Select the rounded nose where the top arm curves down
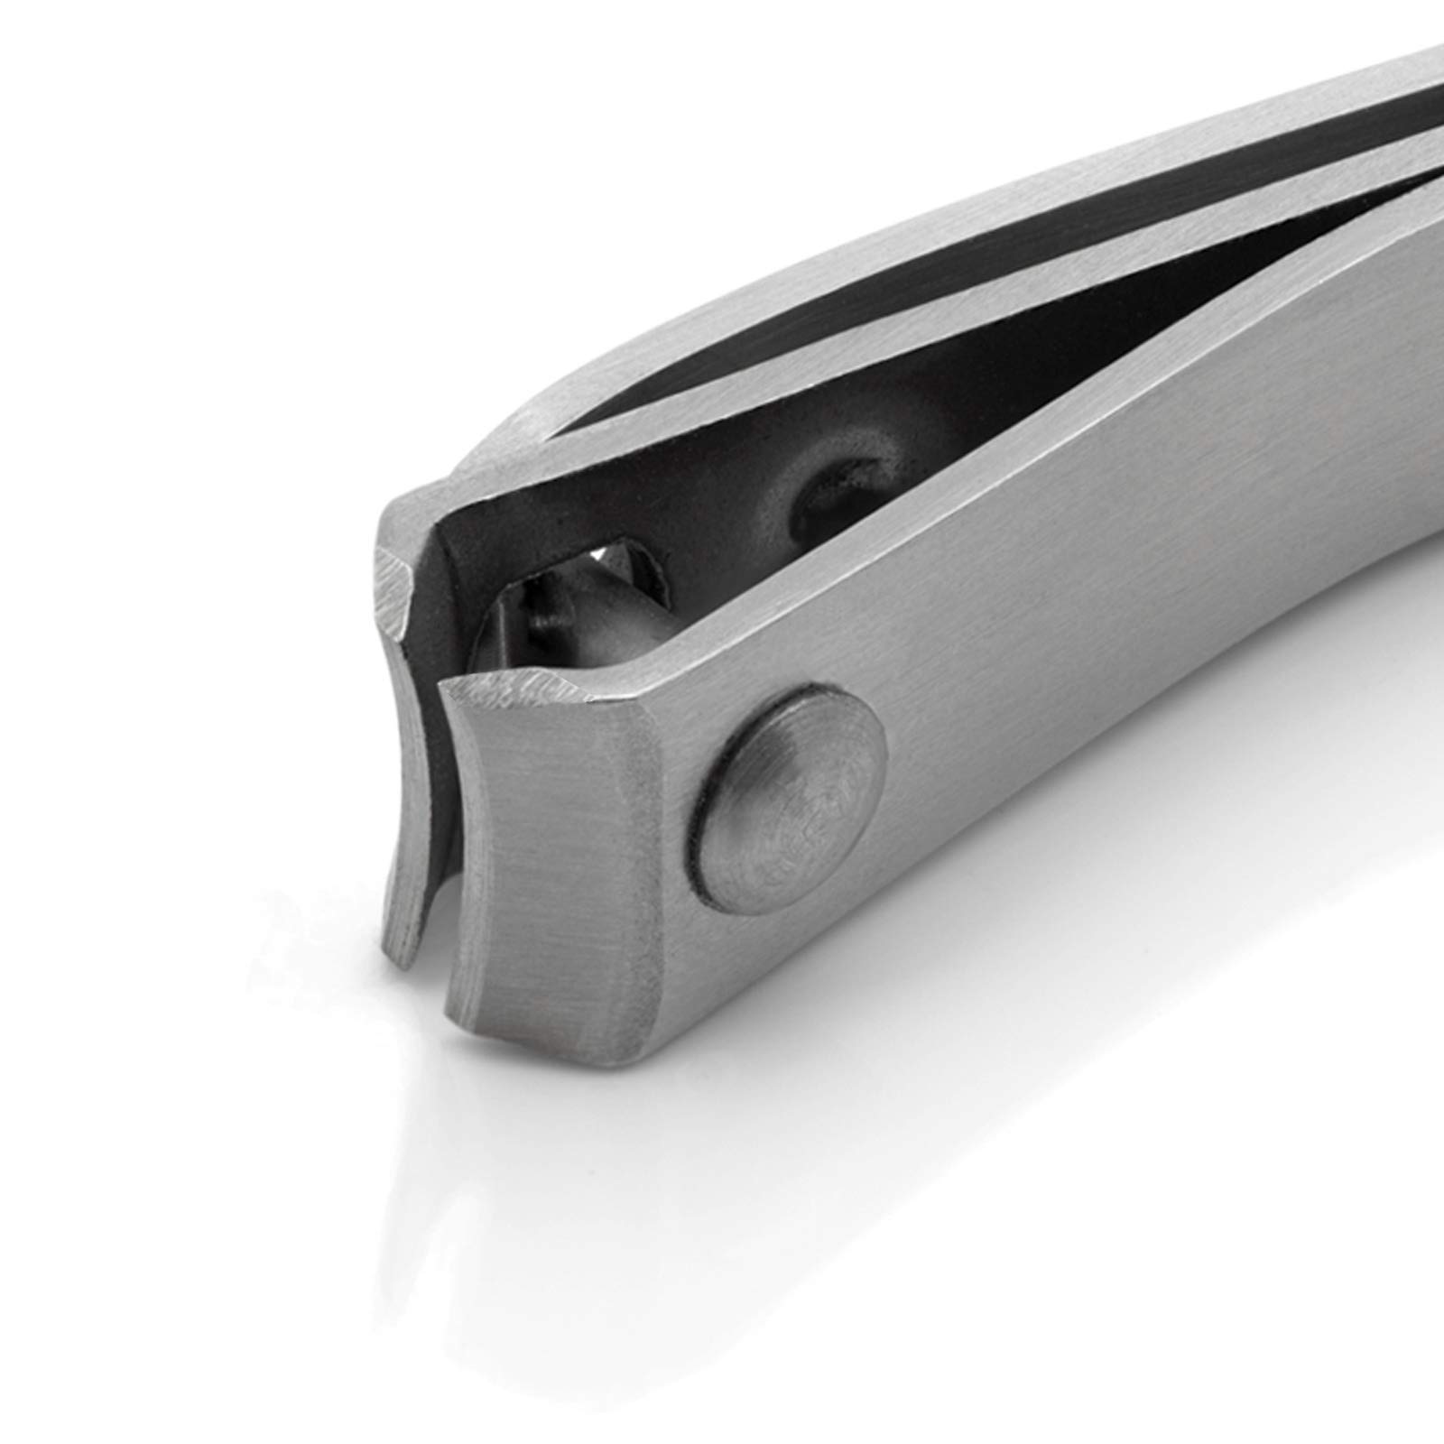tap(505, 442)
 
